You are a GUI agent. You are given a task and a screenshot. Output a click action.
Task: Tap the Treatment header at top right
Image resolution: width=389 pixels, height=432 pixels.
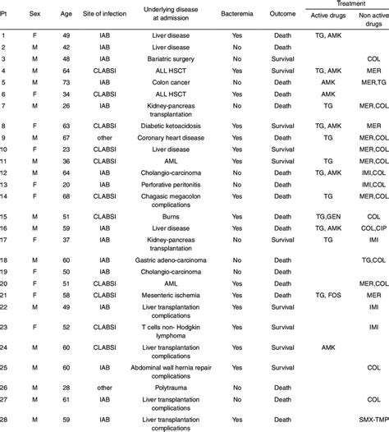(x=346, y=5)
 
